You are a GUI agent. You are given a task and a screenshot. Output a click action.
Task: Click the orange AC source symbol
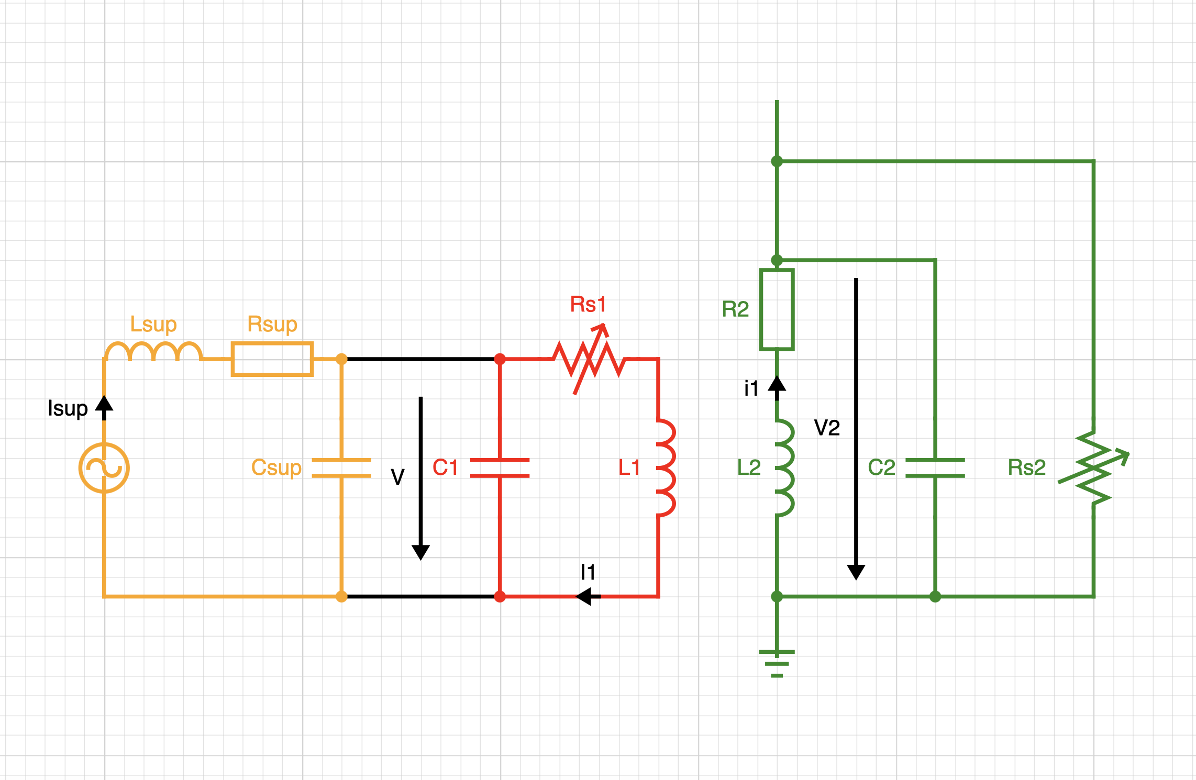pos(104,467)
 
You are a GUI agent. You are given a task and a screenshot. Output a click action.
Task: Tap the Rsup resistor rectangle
pos(272,359)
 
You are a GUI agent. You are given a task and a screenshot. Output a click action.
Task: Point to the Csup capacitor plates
pos(341,468)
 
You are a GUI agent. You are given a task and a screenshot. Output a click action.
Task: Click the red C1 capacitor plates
pos(500,468)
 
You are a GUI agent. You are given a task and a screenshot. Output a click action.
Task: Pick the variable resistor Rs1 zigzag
pos(589,360)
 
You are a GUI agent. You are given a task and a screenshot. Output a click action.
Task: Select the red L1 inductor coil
pos(665,467)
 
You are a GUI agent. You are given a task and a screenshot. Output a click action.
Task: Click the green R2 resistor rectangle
pos(777,309)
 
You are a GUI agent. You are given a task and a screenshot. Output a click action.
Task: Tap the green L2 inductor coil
pos(784,467)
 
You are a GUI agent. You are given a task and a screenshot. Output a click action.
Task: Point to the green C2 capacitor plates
pos(935,468)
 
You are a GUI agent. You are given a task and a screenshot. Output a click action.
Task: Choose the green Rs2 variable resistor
pos(1093,467)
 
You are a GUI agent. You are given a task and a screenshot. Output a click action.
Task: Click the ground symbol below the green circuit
pos(777,663)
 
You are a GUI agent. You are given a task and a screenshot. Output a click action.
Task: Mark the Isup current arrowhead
pos(104,405)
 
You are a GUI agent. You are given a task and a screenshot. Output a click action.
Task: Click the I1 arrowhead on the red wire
pos(584,596)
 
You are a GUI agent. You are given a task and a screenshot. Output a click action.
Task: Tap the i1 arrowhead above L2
pos(777,385)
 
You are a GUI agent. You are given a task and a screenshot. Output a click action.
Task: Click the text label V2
pos(827,428)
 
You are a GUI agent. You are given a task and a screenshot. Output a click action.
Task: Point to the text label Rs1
pos(588,304)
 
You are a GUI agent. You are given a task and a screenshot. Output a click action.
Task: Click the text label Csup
pos(276,467)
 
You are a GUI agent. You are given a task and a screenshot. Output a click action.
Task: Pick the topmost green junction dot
pos(777,161)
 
